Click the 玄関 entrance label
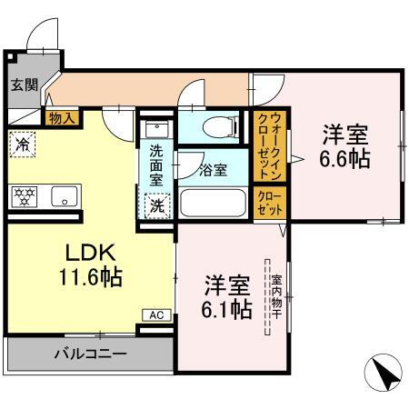point(24,85)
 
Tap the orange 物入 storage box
point(62,117)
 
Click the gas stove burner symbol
point(23,195)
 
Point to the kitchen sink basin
point(63,195)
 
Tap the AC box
point(155,314)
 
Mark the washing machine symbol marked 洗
point(156,205)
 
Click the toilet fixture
point(214,128)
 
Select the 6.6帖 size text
point(344,148)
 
